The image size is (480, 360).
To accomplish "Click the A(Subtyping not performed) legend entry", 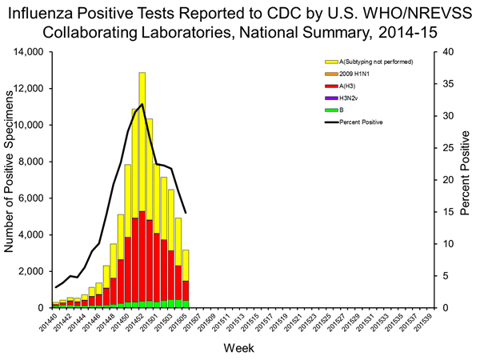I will pos(376,61).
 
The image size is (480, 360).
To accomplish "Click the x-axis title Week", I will pos(240,348).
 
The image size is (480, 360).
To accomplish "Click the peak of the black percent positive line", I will pos(142,104).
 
